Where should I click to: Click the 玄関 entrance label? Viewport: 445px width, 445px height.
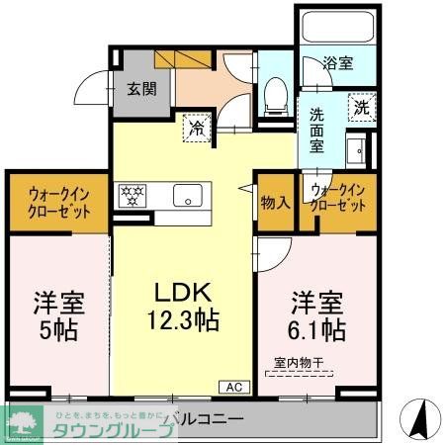point(139,88)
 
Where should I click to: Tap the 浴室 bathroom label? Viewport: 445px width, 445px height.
point(338,63)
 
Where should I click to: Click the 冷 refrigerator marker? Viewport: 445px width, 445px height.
point(197,127)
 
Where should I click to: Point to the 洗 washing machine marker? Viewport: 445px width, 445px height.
point(361,107)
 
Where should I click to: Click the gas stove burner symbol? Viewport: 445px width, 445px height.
point(133,195)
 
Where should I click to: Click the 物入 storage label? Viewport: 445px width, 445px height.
point(275,203)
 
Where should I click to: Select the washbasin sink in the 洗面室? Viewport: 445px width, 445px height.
point(356,150)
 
